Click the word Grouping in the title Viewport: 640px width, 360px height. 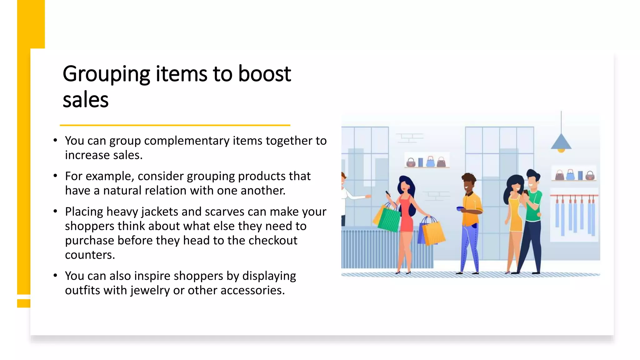106,74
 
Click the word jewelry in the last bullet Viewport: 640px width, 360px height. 150,290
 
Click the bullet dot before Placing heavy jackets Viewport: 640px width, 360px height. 55,212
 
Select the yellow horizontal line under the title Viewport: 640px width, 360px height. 175,125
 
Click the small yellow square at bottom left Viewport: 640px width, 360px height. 23,303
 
